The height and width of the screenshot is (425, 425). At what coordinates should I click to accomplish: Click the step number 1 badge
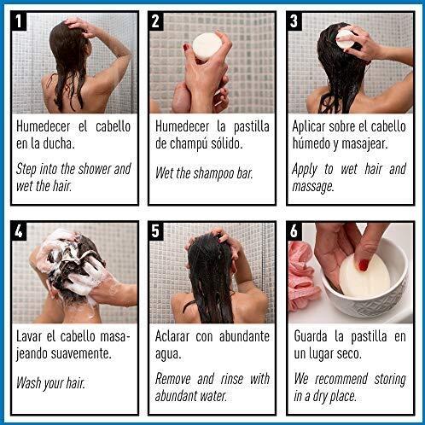coord(19,21)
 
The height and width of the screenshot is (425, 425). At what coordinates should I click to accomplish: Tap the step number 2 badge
coord(155,21)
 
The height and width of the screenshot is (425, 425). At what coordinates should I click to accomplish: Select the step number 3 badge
coord(294,21)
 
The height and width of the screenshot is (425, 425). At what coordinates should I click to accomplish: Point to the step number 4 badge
coord(19,231)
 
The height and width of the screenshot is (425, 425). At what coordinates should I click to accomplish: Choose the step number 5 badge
coord(155,231)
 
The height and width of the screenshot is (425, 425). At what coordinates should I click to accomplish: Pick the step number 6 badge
coord(294,231)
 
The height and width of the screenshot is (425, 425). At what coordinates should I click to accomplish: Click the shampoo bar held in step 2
coord(207,46)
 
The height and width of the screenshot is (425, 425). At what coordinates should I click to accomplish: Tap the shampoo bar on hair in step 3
coord(346,39)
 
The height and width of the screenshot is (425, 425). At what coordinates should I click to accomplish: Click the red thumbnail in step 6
coord(364,265)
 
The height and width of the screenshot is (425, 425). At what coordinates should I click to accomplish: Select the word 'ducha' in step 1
coord(59,143)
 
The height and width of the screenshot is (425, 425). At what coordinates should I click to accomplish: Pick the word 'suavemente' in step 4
coord(81,353)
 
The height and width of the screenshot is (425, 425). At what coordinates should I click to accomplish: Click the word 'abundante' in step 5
coord(244,336)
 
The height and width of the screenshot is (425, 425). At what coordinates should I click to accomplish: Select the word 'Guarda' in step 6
coord(311,336)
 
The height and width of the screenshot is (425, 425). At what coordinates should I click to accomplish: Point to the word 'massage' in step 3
coord(313,187)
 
